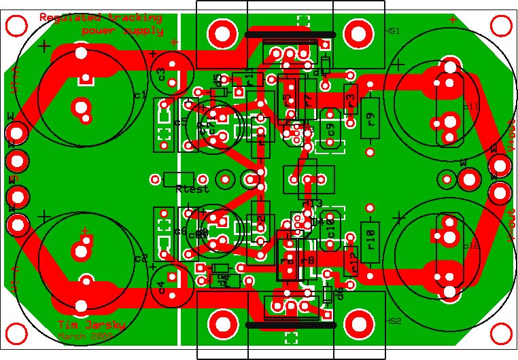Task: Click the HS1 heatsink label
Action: click(x=394, y=31)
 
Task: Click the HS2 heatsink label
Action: click(x=394, y=321)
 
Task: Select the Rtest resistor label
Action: click(x=192, y=189)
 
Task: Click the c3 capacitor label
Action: click(x=161, y=74)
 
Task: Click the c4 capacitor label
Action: click(x=161, y=287)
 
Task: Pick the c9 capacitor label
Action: click(x=331, y=128)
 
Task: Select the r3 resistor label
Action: click(x=351, y=101)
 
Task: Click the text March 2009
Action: click(x=85, y=336)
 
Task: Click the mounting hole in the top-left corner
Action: click(x=15, y=26)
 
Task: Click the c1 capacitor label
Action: click(x=140, y=95)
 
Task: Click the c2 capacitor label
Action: click(x=140, y=259)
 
